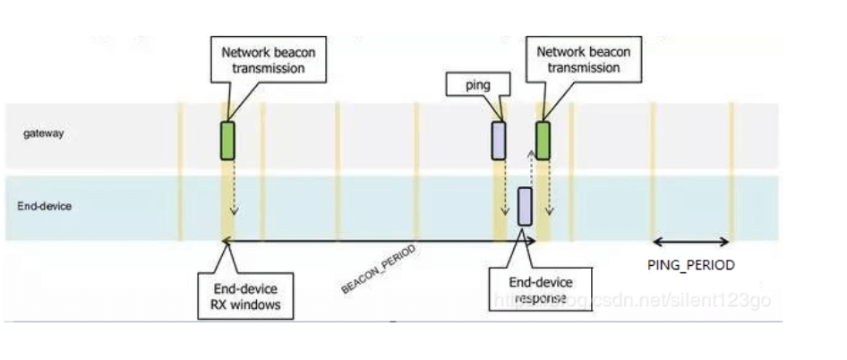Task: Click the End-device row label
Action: [x=45, y=205]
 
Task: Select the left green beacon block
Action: [x=227, y=141]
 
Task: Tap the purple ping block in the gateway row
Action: [x=498, y=141]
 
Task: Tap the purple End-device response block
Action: [x=525, y=206]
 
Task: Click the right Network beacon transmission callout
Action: [x=583, y=59]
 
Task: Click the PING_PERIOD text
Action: [x=690, y=265]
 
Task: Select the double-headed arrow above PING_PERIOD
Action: [x=691, y=241]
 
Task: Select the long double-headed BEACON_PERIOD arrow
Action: [x=376, y=241]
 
